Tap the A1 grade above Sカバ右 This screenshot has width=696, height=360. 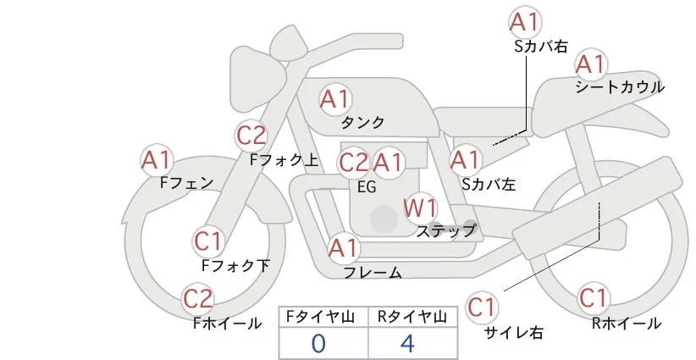[x=525, y=22]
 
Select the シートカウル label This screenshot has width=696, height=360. [x=619, y=86]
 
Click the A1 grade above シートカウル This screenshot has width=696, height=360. [x=591, y=64]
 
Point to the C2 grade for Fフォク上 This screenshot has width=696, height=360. [x=251, y=134]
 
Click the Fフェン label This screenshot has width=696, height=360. [x=186, y=181]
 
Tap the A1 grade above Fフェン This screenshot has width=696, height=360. [x=157, y=158]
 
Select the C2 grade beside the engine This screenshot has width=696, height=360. [x=353, y=162]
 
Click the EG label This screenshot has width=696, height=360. [x=367, y=186]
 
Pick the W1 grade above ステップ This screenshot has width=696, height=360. [x=419, y=207]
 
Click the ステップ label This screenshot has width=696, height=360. [x=446, y=230]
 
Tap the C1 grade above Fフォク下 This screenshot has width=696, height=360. [x=208, y=241]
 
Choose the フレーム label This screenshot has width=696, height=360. [x=373, y=272]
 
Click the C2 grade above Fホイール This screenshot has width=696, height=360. [x=198, y=298]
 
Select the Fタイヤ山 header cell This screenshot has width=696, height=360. [x=323, y=316]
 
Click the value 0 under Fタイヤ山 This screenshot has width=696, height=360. [x=318, y=343]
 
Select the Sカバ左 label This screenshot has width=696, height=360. [x=489, y=181]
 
